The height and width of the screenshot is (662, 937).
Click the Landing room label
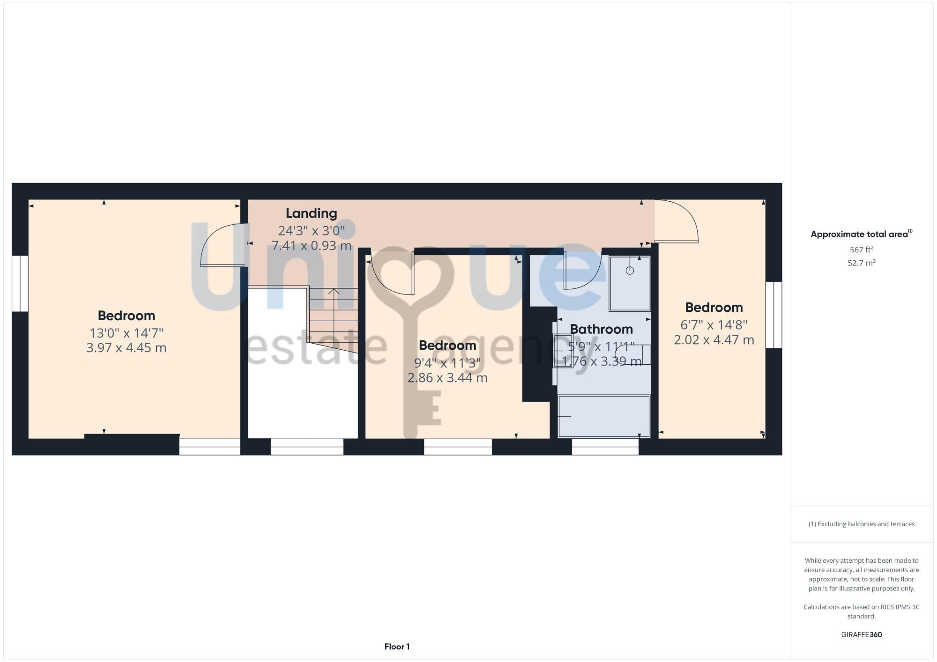[311, 213]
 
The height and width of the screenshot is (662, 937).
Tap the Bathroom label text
[601, 329]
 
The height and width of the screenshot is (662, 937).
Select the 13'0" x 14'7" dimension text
[126, 333]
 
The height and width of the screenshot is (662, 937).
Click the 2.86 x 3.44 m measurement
[447, 377]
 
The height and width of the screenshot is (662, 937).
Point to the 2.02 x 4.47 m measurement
[714, 340]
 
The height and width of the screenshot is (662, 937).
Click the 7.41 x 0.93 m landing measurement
[311, 245]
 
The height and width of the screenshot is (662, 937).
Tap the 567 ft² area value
[861, 250]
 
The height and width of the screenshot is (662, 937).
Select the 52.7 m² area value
[861, 263]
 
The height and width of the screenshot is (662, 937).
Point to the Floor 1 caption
[397, 647]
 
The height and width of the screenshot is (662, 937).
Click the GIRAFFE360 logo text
[861, 634]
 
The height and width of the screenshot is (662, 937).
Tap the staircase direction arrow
[334, 292]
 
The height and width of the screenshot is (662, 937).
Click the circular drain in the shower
[630, 271]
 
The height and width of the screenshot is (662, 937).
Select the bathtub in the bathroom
[604, 416]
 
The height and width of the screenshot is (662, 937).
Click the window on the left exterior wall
[20, 283]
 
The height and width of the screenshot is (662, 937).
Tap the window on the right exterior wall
[773, 315]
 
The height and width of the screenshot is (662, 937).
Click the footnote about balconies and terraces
[861, 524]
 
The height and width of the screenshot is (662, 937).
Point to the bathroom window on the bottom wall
[605, 447]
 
